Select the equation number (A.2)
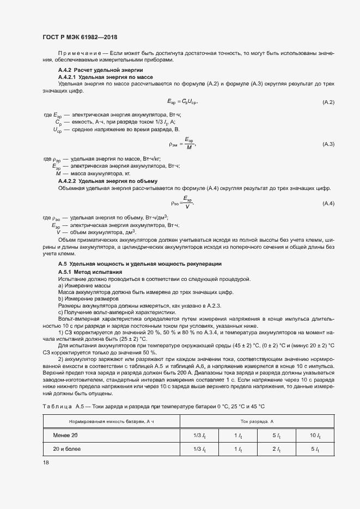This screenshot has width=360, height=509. coord(328,102)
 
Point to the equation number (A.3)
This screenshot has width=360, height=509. coord(328,144)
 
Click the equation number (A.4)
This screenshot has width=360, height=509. coord(328,203)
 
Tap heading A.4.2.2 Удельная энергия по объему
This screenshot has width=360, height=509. coord(108,181)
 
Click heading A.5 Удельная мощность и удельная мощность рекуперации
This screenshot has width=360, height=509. coord(139,264)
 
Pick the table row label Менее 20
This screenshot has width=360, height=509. coord(66,436)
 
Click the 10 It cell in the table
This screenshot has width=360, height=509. coord(314,436)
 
